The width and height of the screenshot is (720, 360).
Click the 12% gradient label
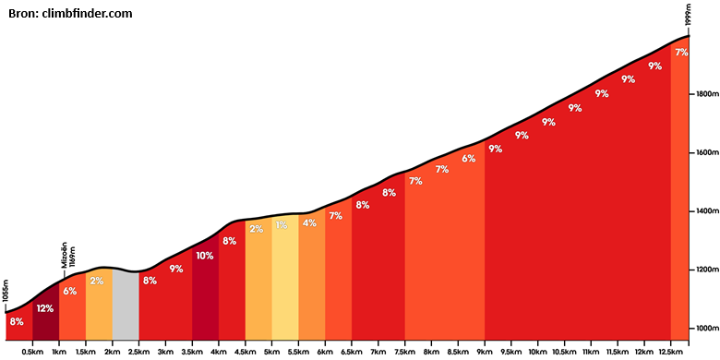[x=45, y=308]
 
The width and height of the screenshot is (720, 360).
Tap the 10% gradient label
[x=205, y=256]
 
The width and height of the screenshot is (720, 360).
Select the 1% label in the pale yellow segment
[x=282, y=225]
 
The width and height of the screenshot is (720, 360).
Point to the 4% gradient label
[x=309, y=223]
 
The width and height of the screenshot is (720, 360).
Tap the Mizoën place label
[x=65, y=255]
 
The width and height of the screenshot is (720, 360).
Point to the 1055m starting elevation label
[x=6, y=291]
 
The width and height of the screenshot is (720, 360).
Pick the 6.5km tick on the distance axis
[x=352, y=342]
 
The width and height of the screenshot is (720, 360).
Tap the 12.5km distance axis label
[x=670, y=352]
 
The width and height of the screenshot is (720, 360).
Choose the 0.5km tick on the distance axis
[x=32, y=342]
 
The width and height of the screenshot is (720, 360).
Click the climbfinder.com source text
[x=88, y=14]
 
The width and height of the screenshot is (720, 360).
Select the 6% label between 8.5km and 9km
[x=468, y=159]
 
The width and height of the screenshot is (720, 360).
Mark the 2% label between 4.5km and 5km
[x=257, y=229]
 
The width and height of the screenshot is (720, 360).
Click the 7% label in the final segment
[x=681, y=53]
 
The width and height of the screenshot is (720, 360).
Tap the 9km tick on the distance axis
[x=485, y=342]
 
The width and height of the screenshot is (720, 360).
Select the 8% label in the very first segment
[x=16, y=321]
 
